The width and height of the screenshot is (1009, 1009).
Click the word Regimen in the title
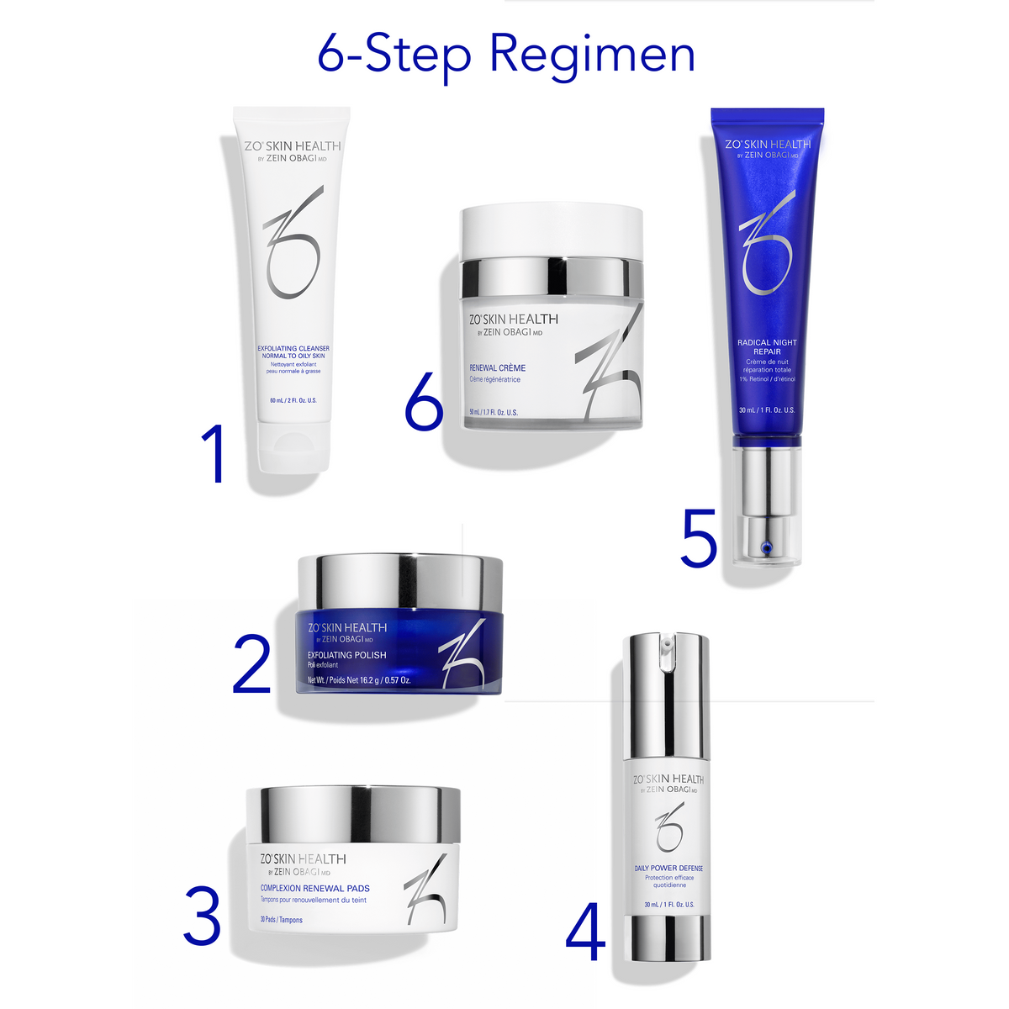(x=592, y=55)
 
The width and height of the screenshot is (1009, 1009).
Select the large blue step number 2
(x=251, y=664)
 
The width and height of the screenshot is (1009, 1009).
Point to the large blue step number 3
(x=203, y=915)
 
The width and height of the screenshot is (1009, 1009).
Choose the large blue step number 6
(x=424, y=403)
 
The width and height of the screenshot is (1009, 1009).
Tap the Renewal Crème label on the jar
(x=497, y=367)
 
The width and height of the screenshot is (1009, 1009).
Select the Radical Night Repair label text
(x=767, y=346)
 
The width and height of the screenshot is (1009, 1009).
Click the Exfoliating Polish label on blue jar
(x=346, y=655)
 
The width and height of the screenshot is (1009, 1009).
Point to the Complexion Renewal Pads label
(x=314, y=888)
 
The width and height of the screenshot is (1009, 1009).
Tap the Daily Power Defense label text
(x=668, y=868)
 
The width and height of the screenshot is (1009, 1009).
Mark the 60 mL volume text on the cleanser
(x=293, y=400)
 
